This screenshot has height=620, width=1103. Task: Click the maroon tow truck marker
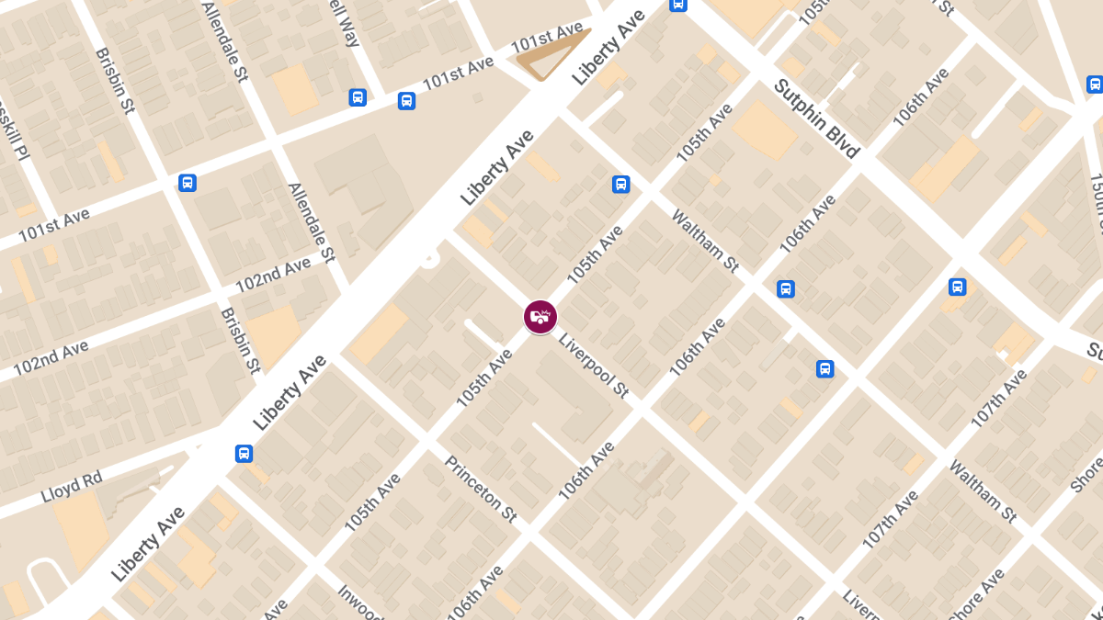540,317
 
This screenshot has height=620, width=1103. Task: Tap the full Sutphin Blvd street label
816,118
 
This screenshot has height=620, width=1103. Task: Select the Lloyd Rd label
72,488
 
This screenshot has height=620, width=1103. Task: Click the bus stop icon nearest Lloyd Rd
244,454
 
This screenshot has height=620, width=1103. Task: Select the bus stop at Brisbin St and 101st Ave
188,183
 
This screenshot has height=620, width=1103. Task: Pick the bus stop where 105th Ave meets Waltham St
621,185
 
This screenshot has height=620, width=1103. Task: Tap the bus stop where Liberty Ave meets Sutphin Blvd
677,5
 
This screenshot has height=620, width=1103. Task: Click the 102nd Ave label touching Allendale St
273,276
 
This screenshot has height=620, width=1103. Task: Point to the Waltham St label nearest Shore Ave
983,491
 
